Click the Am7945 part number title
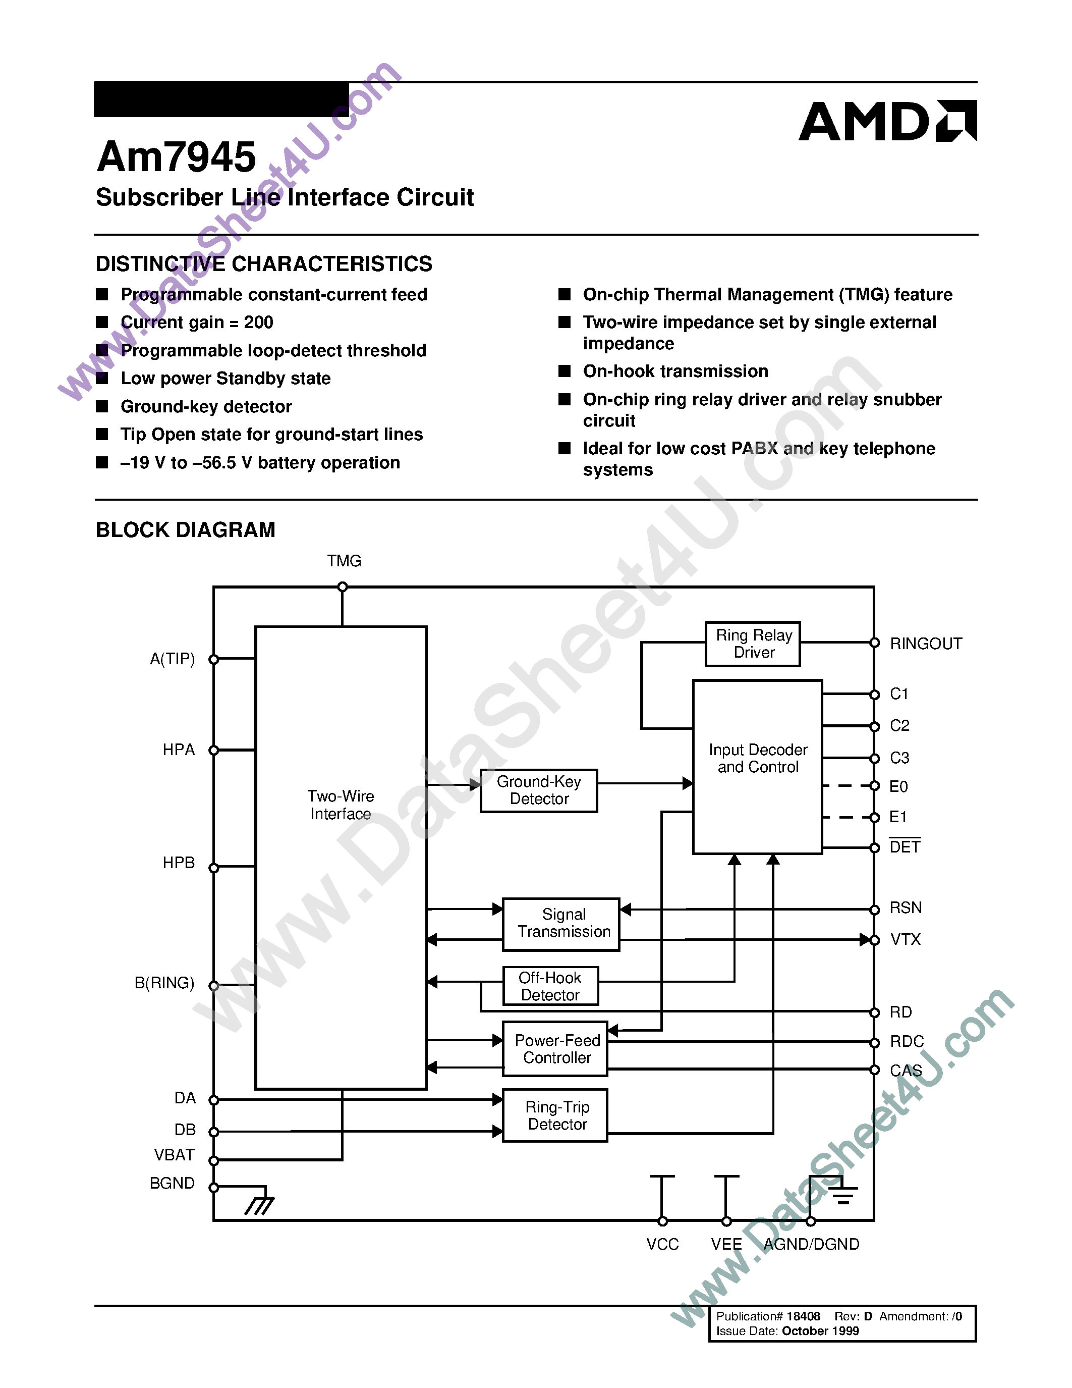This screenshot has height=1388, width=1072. coord(176,157)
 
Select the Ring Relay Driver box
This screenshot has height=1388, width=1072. coord(753,644)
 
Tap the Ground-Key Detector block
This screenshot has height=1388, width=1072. coord(539,790)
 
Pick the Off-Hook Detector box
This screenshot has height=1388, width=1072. coord(550,986)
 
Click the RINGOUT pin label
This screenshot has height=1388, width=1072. coord(925,644)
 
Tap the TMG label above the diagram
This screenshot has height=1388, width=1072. coord(344,561)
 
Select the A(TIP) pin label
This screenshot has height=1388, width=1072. coord(172,659)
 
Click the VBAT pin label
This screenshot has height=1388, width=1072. coord(174,1155)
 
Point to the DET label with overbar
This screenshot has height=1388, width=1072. coord(905,846)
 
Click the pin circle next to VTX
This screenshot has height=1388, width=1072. coord(874,940)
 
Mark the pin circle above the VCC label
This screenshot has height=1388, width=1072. coord(662,1221)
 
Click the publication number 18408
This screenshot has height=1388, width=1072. coord(803,1316)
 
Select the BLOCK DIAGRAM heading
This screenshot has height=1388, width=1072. coord(186,529)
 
